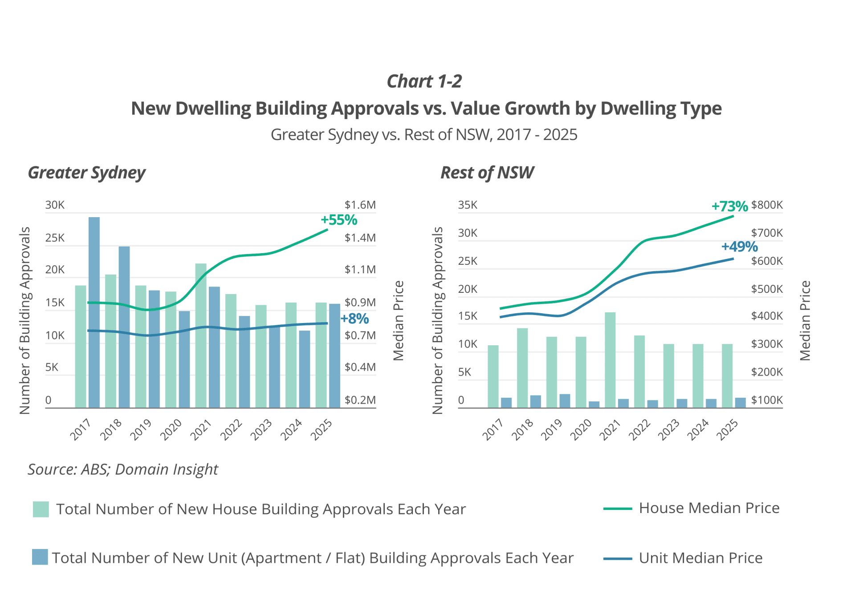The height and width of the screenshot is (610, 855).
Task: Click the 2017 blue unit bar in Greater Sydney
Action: click(94, 311)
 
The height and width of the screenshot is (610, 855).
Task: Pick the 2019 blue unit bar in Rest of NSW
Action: click(565, 400)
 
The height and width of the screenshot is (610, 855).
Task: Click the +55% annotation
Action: click(339, 220)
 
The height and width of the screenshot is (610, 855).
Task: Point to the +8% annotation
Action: click(355, 319)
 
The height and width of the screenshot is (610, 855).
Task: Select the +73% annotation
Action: click(729, 206)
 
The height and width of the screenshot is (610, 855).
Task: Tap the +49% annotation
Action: click(739, 246)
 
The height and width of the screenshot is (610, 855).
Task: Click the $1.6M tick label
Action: click(360, 205)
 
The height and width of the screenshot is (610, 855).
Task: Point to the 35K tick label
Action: click(468, 205)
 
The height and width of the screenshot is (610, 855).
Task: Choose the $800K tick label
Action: click(766, 205)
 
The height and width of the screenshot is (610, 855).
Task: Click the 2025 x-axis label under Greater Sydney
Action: click(322, 430)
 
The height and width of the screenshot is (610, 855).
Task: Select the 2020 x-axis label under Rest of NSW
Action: click(581, 430)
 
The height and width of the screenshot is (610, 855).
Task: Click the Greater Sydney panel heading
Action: click(87, 173)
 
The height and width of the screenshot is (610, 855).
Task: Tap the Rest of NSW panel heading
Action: click(487, 173)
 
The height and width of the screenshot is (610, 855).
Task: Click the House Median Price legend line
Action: click(617, 509)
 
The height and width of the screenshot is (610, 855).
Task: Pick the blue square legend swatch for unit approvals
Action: click(40, 557)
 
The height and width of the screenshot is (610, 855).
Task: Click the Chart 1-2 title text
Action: click(424, 81)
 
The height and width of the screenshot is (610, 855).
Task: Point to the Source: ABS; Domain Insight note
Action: click(123, 469)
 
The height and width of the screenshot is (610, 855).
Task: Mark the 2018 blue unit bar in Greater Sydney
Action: click(124, 327)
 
